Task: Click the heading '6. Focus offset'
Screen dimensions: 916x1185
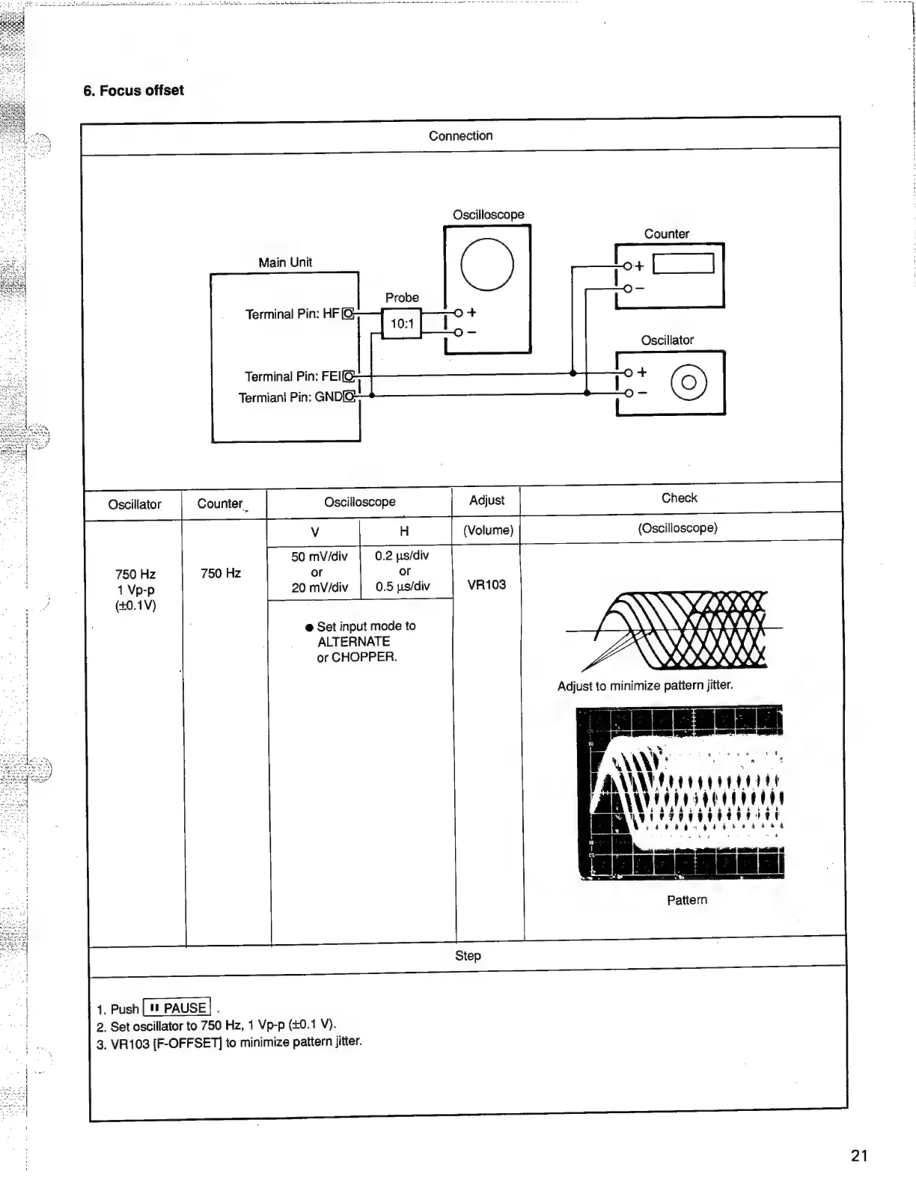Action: (x=133, y=91)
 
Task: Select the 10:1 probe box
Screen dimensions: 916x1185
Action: (x=402, y=324)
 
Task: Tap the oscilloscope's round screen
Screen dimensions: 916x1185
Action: (x=487, y=265)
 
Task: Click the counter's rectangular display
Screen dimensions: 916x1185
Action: (x=683, y=264)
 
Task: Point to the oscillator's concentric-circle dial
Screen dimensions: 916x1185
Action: (x=689, y=382)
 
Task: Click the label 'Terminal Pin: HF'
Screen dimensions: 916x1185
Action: (x=292, y=314)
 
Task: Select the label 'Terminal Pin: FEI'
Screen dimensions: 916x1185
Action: (x=293, y=376)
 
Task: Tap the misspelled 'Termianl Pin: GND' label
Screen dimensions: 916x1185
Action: (x=290, y=397)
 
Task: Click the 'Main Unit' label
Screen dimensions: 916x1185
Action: (x=285, y=263)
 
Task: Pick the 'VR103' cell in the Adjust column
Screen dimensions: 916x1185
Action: (x=486, y=584)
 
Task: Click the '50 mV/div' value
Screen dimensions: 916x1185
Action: (x=320, y=557)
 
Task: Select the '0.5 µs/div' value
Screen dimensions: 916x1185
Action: (x=403, y=587)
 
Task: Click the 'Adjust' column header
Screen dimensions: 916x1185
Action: (x=486, y=500)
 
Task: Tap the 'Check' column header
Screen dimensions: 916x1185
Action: (x=679, y=498)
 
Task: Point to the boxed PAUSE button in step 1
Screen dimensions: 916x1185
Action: (x=177, y=1008)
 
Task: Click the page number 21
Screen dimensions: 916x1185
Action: (x=859, y=1156)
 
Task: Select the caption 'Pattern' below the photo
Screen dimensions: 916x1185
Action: (x=686, y=900)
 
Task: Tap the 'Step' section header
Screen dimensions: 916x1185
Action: (x=468, y=955)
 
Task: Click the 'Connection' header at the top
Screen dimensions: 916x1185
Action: (x=460, y=135)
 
